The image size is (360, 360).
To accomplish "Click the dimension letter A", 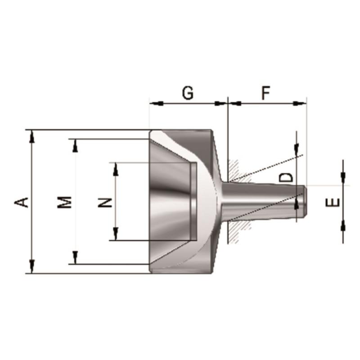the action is coord(21,202).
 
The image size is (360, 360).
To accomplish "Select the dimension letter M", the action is coord(64,202).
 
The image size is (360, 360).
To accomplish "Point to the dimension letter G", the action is coord(188,93).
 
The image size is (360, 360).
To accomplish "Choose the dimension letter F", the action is coord(266,93).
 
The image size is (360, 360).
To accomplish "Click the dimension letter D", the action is coord(286,177).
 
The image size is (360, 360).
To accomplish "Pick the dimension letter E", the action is coord(333,202).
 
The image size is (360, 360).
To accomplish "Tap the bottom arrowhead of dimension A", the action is coord(32,267).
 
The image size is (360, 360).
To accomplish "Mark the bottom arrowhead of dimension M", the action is coord(75,257).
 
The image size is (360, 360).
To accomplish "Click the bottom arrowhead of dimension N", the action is coord(116,234).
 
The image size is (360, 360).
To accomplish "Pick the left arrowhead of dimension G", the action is coord(156,103).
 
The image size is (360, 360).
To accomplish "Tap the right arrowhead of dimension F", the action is coord(300,103).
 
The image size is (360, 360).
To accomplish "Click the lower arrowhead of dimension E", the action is coord(343,227).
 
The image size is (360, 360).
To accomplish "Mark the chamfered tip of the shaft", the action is coord(305,201).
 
